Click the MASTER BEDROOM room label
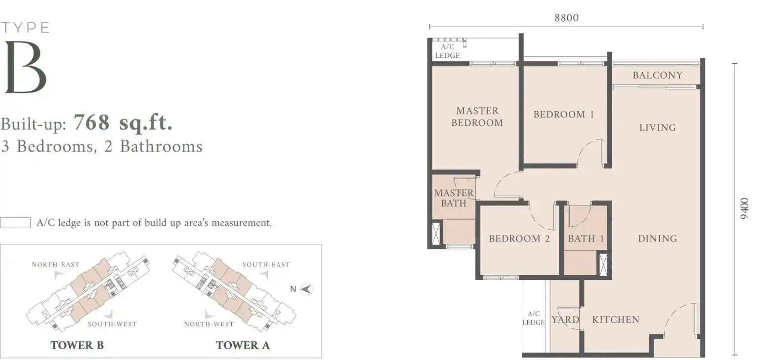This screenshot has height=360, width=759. pos(477,117)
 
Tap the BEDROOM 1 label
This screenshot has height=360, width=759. pos(564,115)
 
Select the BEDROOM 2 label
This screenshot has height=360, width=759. pos(519,239)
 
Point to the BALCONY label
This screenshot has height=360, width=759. pos(657,75)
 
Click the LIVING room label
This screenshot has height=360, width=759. pos(657,128)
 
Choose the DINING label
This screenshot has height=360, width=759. pos(657,239)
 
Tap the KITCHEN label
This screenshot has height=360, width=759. pos(616,320)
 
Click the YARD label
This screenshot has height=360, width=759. pos(565,320)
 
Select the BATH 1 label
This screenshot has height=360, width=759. pos(586,239)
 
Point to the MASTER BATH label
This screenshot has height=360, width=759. pos(454,198)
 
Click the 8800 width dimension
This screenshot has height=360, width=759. pos(567,18)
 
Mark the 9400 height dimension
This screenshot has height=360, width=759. pos(745,208)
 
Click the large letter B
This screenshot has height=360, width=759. pos(26,67)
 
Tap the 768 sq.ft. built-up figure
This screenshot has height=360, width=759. pos(123,122)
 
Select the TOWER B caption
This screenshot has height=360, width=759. pos(77,345)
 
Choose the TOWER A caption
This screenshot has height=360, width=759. pos(243,345)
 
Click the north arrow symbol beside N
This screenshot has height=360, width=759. pos(307,289)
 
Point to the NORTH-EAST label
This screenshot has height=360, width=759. pos(55,265)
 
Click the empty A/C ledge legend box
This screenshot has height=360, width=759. pos(15,223)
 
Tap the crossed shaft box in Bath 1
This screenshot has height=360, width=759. pos(603,264)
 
